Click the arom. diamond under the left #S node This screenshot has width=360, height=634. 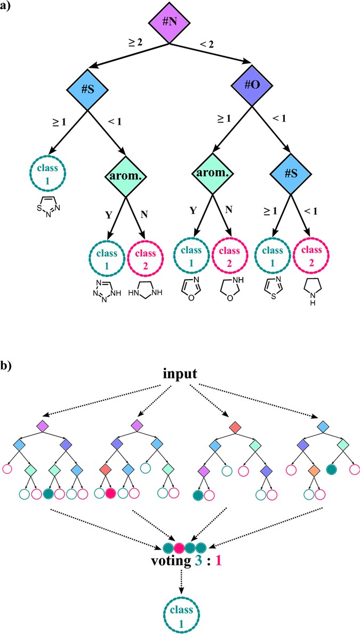126,172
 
